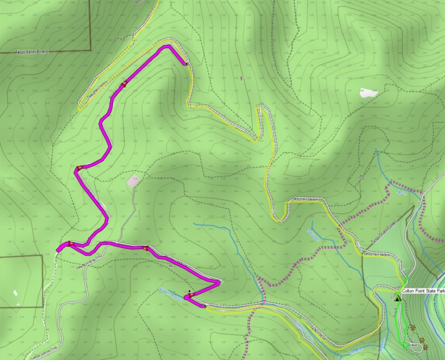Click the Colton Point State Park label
pos(423,291)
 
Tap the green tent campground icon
pos(398,298)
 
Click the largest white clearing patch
pos(369,93)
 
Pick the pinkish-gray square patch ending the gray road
pos(134,181)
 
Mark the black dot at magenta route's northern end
pos(186,64)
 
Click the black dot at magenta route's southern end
pos(204,306)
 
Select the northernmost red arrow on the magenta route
pos(124,83)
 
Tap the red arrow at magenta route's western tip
pos(69,244)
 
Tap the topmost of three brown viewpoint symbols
pos(413,327)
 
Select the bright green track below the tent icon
pos(402,321)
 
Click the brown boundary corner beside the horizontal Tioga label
pos(91,51)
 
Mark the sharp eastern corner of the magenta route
pos(219,283)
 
